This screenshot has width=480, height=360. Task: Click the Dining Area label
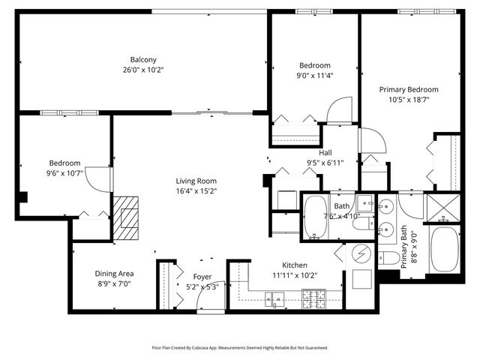[115, 274]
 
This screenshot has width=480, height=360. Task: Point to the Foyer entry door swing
[205, 299]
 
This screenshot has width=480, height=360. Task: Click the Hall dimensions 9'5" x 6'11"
[325, 163]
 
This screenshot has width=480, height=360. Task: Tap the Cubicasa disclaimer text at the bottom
[240, 347]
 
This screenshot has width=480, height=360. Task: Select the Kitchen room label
[295, 265]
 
